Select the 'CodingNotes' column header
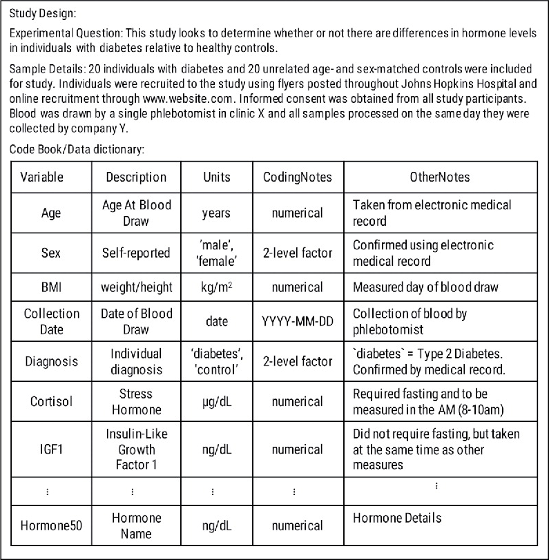[x=298, y=177]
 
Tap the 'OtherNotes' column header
[x=440, y=177]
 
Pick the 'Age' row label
[x=51, y=213]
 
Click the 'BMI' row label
[x=51, y=286]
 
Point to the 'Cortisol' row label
[x=51, y=401]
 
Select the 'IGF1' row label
[x=51, y=450]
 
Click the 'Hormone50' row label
[x=51, y=525]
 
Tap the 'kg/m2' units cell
[x=216, y=286]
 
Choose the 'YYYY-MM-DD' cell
[x=298, y=321]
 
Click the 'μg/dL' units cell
[x=216, y=401]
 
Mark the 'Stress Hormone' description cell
[x=136, y=401]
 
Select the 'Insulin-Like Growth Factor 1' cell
[x=136, y=450]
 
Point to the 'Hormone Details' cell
[x=397, y=518]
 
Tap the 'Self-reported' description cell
[x=136, y=253]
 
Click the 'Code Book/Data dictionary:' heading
[x=77, y=148]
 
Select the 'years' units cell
[x=216, y=213]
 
